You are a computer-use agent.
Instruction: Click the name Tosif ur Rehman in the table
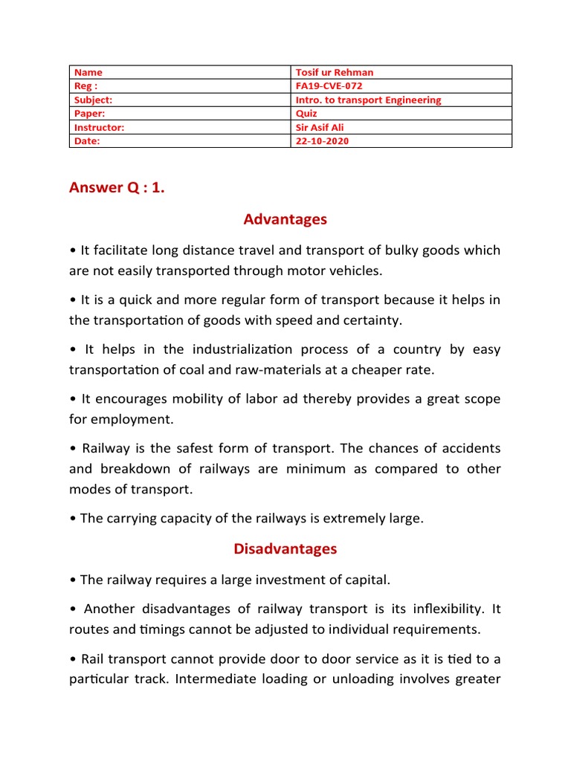point(335,72)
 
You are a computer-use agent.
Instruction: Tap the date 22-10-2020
point(322,141)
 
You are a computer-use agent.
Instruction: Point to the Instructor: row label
point(99,127)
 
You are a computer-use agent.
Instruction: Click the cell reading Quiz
point(306,114)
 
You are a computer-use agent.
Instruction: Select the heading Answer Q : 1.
point(117,187)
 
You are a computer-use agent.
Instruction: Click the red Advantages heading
point(285,219)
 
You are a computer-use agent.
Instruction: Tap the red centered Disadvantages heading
point(285,548)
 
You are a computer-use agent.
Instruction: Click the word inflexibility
point(440,609)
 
